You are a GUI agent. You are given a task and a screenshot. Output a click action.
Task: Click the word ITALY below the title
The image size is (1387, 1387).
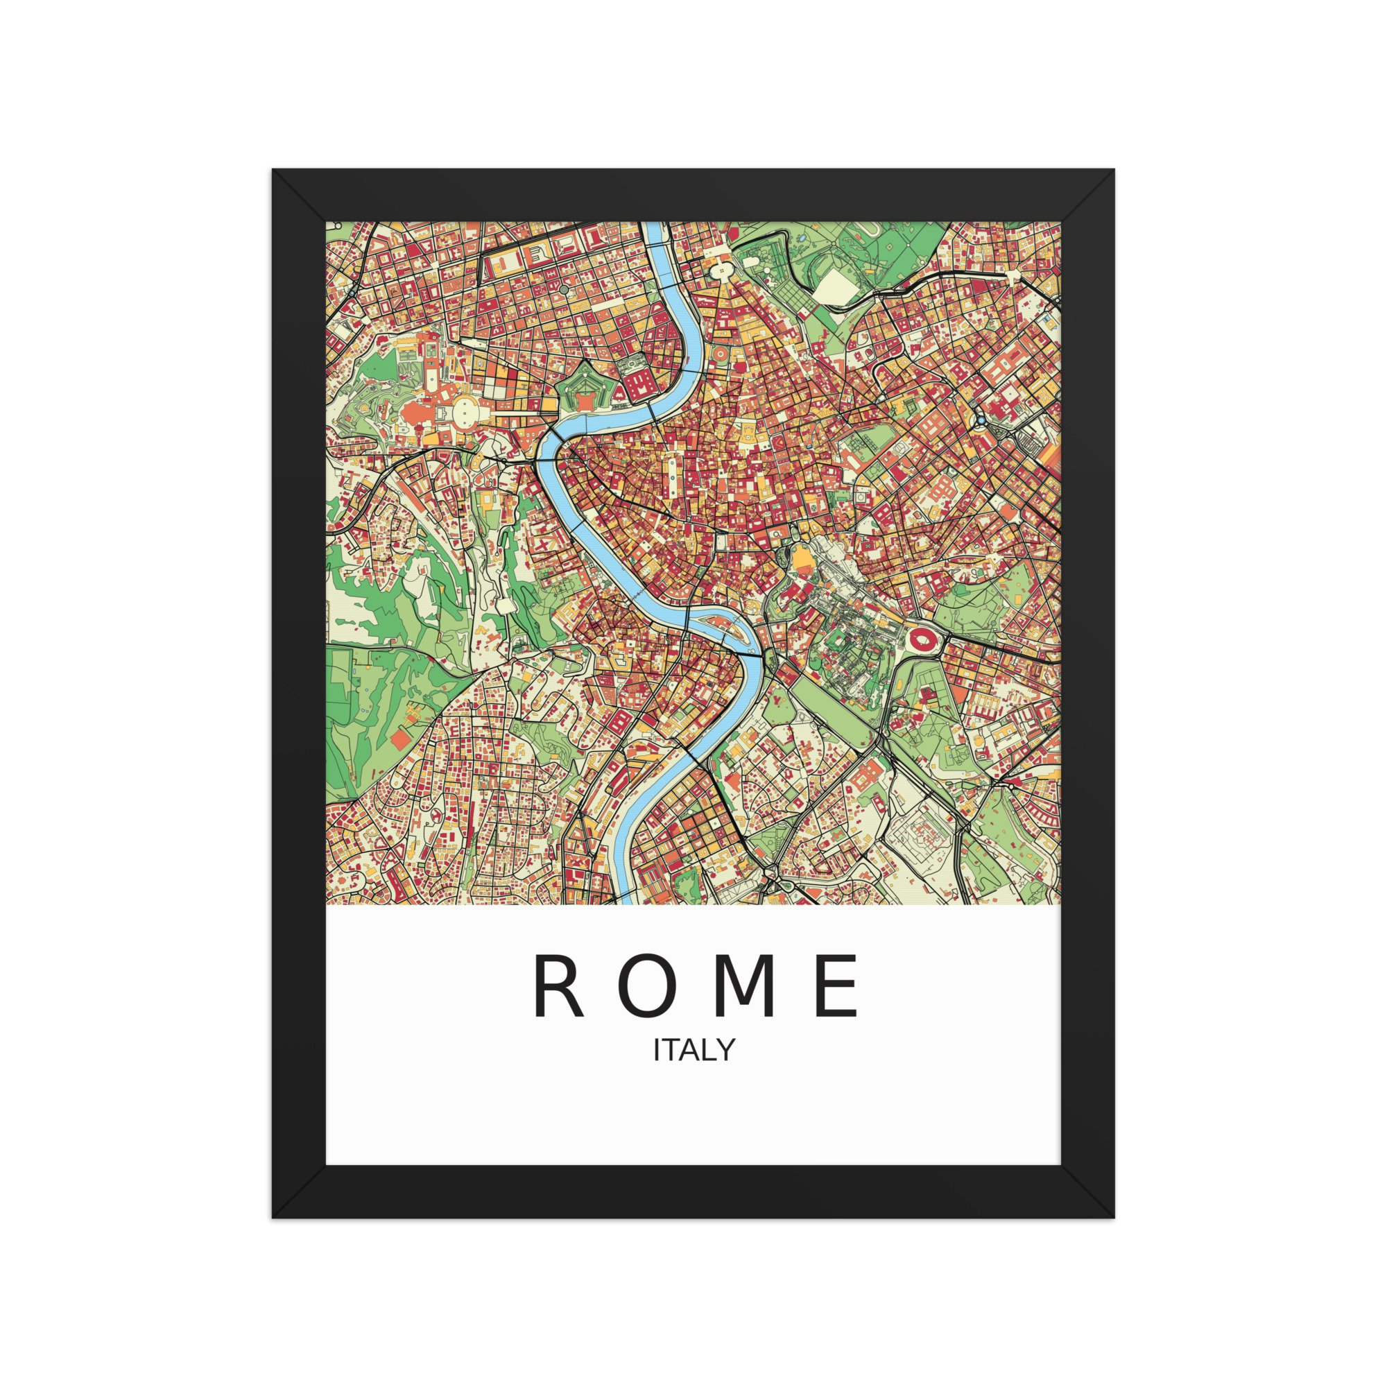[693, 1050]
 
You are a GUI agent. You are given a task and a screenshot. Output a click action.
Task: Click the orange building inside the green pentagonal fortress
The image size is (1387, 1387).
[585, 402]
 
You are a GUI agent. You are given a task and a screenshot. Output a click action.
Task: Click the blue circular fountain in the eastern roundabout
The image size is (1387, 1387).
[981, 420]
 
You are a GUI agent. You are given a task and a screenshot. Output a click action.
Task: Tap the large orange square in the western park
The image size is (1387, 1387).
[399, 737]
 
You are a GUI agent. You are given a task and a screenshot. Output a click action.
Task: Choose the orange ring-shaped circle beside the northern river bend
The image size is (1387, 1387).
[721, 354]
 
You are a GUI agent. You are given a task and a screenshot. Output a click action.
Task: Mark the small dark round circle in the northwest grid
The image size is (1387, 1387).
[564, 289]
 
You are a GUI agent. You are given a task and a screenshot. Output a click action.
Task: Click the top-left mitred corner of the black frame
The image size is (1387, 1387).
[299, 196]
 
